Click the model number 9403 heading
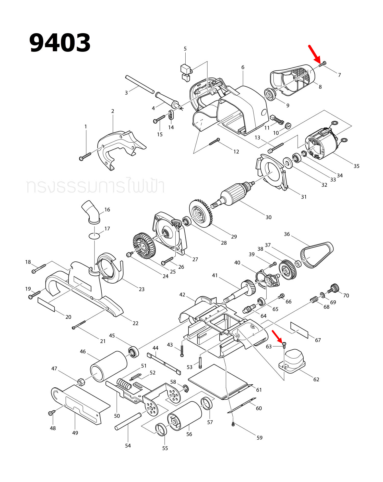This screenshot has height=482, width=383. coord(60,43)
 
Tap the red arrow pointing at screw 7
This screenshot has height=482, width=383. coord(315,54)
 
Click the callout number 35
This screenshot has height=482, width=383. coord(356,166)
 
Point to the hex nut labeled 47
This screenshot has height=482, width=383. coord(81,382)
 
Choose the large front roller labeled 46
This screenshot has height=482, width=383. coord(109,366)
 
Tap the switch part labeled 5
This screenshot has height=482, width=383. coord(186,72)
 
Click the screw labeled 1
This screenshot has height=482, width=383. coord(85,156)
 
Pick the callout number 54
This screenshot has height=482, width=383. coord(128,446)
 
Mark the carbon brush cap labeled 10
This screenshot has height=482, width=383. coord(288,125)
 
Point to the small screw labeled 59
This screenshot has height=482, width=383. coord(233,424)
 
